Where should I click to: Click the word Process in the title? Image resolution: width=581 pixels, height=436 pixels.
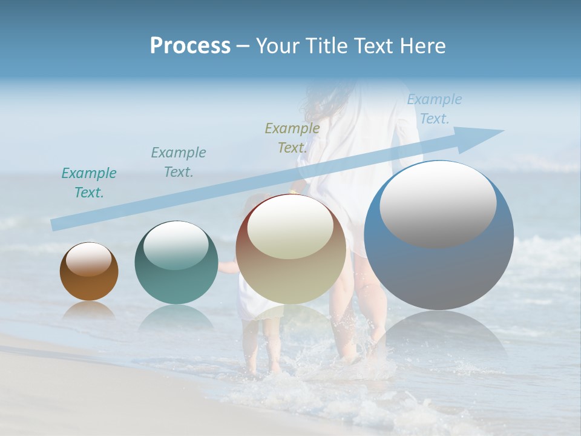190,45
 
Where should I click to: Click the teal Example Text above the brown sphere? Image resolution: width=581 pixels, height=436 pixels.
89,183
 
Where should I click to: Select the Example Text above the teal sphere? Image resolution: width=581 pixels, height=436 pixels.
179,162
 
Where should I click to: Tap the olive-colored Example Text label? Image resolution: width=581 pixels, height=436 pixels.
292,137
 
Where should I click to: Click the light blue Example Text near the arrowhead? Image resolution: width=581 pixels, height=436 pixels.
435,109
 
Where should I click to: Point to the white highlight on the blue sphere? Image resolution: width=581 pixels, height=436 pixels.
438,204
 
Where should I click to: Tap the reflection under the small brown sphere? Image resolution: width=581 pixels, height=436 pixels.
89,310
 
